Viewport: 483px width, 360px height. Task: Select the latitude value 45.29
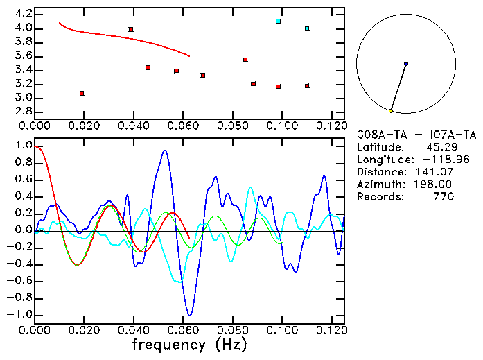[439, 147]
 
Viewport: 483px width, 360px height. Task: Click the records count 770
[442, 197]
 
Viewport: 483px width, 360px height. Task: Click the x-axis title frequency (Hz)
[189, 344]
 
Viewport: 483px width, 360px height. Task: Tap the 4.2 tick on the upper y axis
[23, 14]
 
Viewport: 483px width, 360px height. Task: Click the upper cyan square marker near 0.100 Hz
[278, 22]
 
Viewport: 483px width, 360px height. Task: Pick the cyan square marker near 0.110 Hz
[307, 28]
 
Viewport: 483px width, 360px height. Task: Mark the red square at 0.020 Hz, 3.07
[82, 93]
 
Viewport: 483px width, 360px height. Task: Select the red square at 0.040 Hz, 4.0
[131, 29]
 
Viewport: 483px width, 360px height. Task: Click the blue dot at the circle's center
[405, 64]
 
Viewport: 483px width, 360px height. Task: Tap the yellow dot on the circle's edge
[391, 110]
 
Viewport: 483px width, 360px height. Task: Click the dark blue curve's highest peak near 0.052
[164, 150]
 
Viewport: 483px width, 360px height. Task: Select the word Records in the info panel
[378, 197]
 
